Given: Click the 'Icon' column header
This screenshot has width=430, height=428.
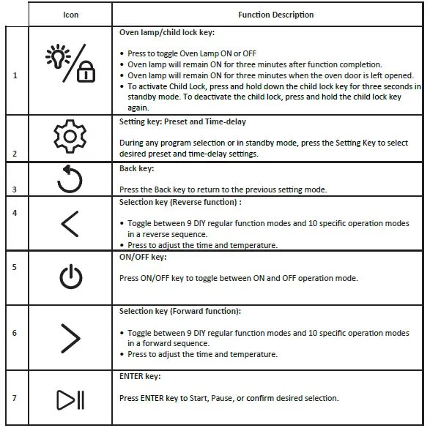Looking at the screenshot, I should tap(71, 15).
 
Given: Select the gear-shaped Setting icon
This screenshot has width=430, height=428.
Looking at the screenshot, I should tap(70, 138).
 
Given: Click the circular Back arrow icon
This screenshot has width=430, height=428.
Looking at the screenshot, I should tap(70, 179).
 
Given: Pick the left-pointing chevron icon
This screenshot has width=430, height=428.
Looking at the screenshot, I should tap(70, 223).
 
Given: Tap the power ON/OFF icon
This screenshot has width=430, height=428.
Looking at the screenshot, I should tap(71, 277).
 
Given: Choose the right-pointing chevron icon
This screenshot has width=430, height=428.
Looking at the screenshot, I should tap(71, 338).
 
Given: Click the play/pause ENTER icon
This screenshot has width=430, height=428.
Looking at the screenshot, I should tap(71, 399).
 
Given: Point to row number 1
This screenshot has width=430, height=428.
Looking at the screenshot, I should tap(15, 75).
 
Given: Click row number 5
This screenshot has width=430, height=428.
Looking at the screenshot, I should tap(15, 267).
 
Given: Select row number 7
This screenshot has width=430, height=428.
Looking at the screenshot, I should tap(15, 397).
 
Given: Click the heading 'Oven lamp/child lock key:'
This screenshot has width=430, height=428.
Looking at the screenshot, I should tap(167, 33).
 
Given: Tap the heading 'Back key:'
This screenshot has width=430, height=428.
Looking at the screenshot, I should tap(137, 168).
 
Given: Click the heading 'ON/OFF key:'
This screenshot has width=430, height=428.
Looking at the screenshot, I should tap(143, 258).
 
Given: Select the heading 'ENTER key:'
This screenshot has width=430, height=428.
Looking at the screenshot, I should tap(140, 376).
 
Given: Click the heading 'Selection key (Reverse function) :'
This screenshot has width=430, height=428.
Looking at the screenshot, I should tap(180, 202).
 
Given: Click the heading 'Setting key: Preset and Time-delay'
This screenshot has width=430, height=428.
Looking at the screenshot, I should tap(182, 121).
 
